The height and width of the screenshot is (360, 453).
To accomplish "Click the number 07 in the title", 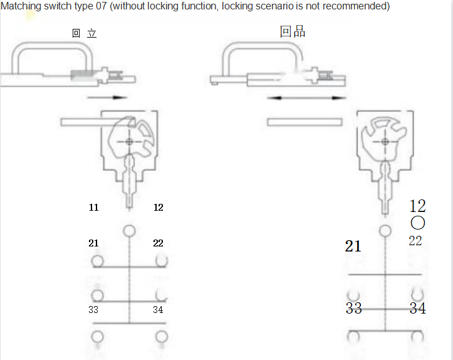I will click(x=99, y=6).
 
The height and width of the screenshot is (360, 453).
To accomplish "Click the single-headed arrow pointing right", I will click(x=107, y=97).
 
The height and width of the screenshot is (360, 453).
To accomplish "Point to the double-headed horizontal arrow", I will click(x=306, y=98).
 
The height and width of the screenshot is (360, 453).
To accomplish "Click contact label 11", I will click(x=93, y=207).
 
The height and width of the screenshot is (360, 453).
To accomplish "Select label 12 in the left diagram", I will click(x=159, y=207).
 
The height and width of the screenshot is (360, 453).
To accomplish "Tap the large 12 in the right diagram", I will click(x=417, y=206).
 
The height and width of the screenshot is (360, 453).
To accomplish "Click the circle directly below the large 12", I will click(x=418, y=223).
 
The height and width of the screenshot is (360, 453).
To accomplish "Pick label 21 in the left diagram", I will click(x=93, y=243).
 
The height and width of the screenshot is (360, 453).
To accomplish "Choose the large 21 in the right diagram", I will click(x=353, y=246).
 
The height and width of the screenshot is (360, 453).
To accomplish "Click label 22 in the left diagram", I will click(x=159, y=243).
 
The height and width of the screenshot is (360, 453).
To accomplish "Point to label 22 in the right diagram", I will click(x=415, y=241).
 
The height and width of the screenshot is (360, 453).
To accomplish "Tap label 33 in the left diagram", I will click(x=93, y=309).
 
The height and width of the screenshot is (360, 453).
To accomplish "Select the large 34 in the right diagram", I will click(x=418, y=308).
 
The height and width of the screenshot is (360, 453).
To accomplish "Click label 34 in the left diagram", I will click(x=159, y=309).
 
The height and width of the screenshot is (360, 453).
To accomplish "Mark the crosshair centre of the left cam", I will click(x=129, y=142).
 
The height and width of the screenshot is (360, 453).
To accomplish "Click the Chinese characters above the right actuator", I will click(x=293, y=31).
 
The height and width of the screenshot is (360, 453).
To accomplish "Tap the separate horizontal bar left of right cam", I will click(x=305, y=122).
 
